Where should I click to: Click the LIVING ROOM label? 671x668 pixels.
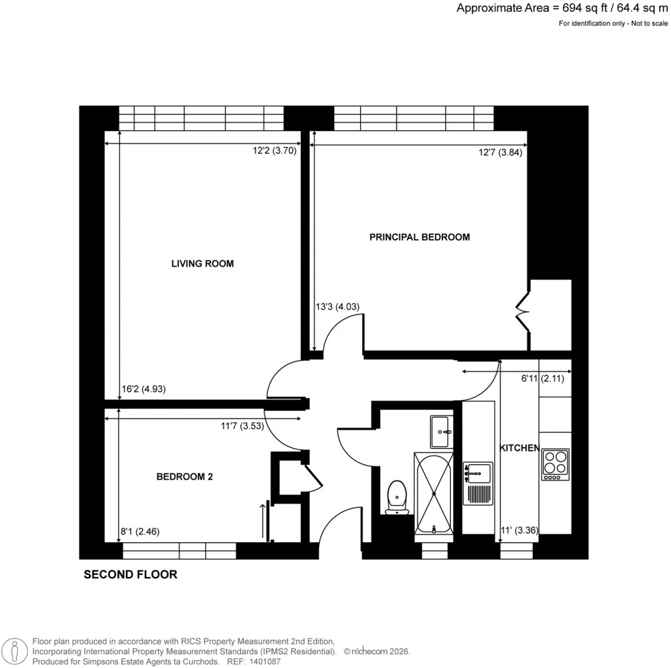coord(202,264)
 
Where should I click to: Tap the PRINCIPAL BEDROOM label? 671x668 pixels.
coord(419,237)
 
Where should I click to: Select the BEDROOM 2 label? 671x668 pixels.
coord(184,477)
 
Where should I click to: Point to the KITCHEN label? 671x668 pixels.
coord(520,448)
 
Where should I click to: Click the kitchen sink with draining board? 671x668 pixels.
coord(478,483)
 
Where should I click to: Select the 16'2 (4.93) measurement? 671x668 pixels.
coord(144,388)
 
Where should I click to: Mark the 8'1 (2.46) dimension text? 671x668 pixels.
coord(140,532)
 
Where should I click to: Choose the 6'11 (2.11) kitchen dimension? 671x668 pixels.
coord(546,378)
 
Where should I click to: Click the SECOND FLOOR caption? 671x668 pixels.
coord(130,575)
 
